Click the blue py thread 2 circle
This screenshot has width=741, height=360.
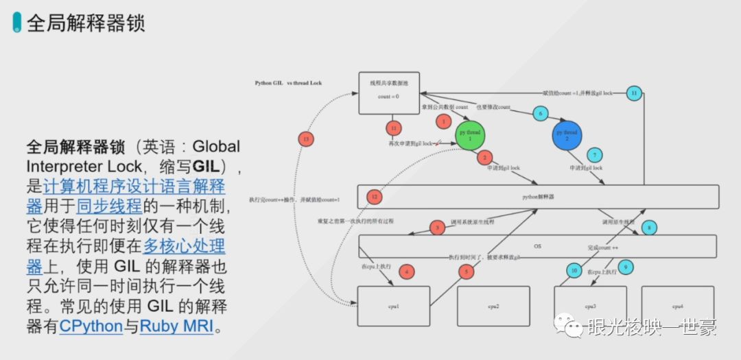[567, 136]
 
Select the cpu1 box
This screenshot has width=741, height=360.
[394, 306]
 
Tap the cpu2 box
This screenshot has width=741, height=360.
[493, 306]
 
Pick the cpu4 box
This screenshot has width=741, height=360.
[677, 306]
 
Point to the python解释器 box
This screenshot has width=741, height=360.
[538, 197]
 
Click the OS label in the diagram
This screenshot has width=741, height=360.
[537, 245]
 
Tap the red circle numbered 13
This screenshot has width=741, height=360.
[306, 139]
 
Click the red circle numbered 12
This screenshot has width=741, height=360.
[374, 197]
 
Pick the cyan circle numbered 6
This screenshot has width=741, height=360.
[539, 113]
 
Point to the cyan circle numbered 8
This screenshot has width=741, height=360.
[648, 226]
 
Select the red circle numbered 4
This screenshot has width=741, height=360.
[407, 272]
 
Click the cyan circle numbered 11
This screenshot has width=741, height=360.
[635, 93]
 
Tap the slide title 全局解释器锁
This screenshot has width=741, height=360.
[85, 23]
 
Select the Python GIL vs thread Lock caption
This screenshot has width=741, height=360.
[288, 83]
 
